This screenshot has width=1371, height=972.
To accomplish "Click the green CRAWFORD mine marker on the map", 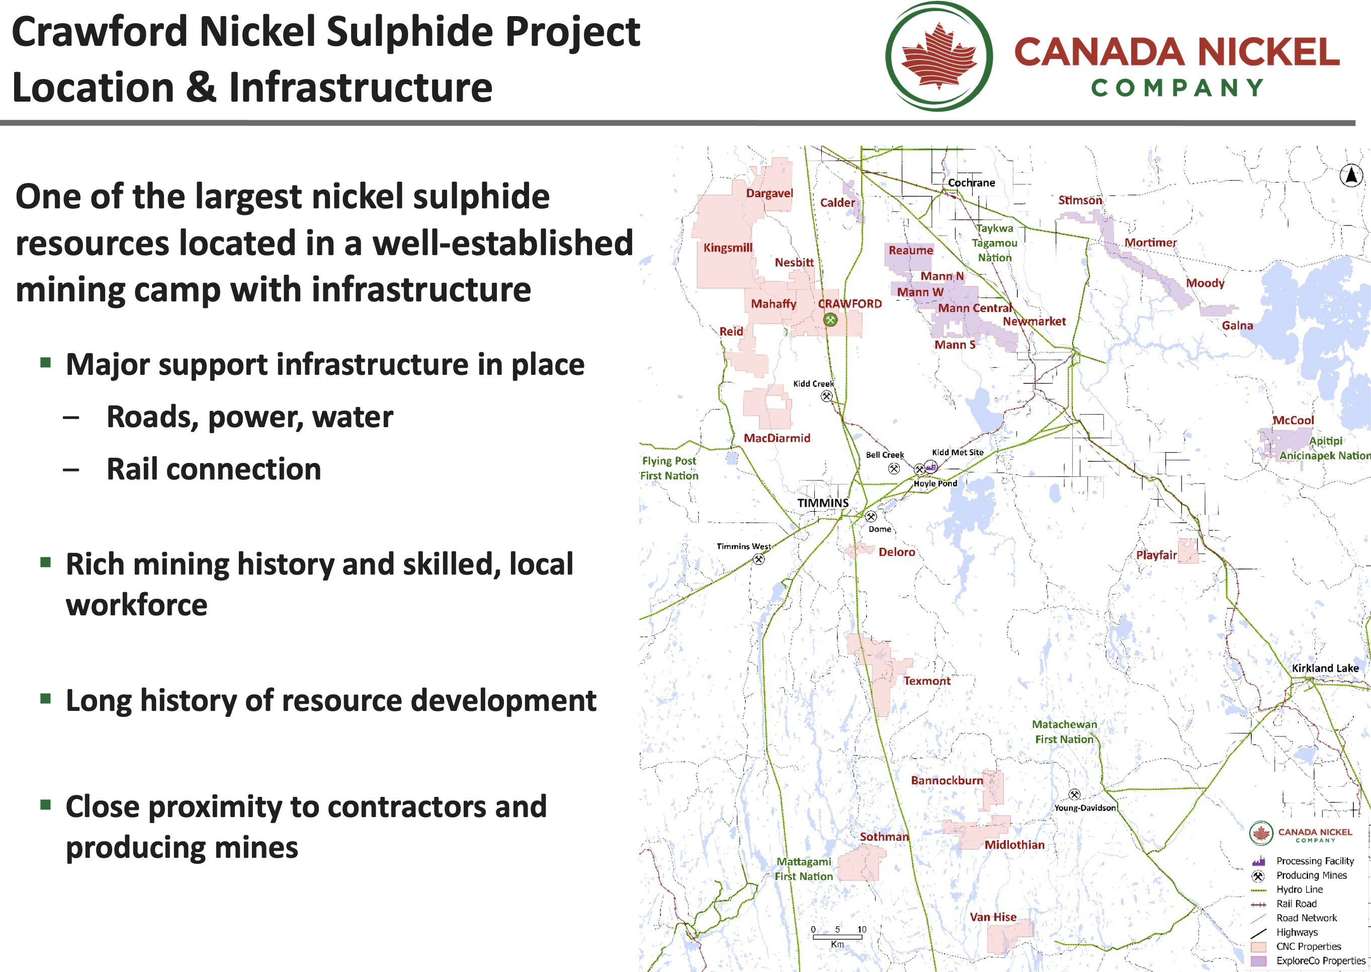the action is (830, 320).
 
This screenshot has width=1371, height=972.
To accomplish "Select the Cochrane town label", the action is (972, 183).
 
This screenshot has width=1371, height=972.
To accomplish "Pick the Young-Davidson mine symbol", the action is (1074, 795).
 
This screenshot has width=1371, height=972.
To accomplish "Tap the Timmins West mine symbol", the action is (758, 559).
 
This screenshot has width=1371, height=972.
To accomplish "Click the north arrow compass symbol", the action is (1351, 176).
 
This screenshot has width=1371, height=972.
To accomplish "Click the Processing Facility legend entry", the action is (1303, 861).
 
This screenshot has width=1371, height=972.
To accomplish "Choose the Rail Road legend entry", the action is (1284, 904).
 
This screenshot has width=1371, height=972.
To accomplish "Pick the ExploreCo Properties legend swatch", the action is (1258, 960).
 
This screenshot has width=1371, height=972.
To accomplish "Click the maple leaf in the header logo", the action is (938, 56).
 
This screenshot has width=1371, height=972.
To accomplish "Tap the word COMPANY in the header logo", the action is (1177, 88).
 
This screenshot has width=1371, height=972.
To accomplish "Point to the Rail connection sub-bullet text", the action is (214, 469).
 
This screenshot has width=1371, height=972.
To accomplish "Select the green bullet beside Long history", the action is (45, 698).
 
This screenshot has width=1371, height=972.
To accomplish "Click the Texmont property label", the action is (926, 681).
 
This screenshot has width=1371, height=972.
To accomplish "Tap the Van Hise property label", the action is (993, 917).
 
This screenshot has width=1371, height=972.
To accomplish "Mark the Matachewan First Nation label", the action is (1064, 732).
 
